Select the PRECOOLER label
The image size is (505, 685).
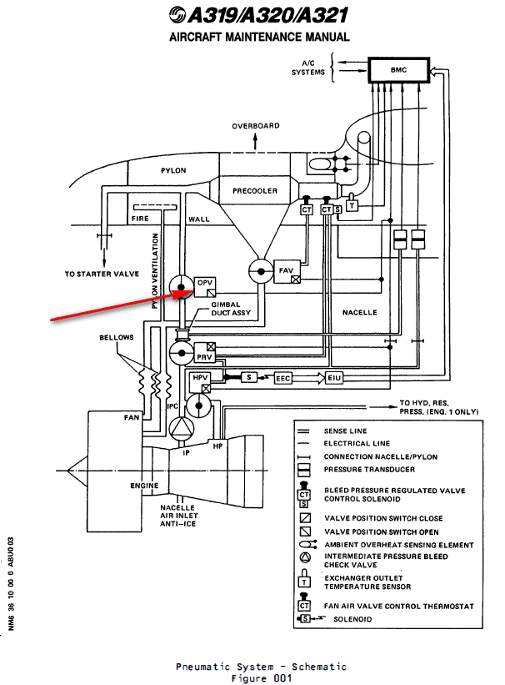tap(254, 191)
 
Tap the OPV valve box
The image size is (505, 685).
tap(204, 285)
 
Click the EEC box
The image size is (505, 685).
tap(283, 379)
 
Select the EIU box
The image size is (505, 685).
tap(333, 379)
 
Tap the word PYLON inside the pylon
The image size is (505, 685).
tap(172, 170)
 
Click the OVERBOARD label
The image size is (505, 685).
tap(256, 126)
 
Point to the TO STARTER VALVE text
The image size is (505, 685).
tap(102, 274)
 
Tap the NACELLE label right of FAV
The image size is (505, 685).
tap(359, 313)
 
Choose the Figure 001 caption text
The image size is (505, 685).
tap(260, 678)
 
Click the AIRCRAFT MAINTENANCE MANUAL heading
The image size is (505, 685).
tap(259, 38)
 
